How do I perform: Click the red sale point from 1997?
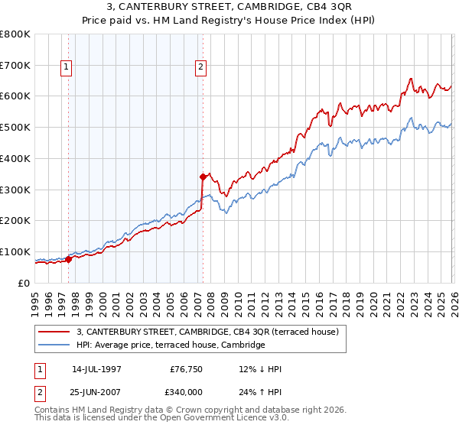click(x=68, y=258)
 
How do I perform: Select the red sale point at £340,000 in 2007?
click(x=203, y=177)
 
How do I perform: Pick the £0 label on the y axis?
click(x=23, y=283)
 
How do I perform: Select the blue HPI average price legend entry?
click(x=170, y=345)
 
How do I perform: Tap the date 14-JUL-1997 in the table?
click(x=98, y=369)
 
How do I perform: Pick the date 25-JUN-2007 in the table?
click(x=98, y=391)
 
